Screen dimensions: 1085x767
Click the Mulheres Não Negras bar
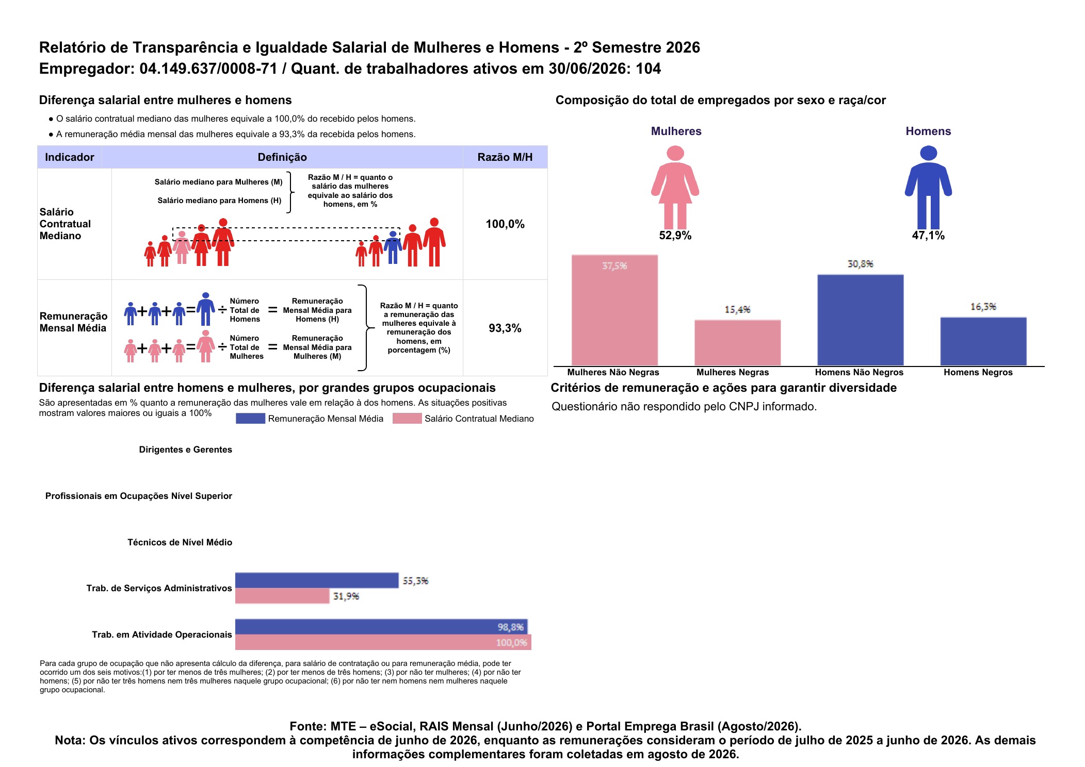pyautogui.click(x=614, y=310)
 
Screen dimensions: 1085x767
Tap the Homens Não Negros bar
pyautogui.click(x=861, y=320)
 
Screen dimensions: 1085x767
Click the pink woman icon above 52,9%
pyautogui.click(x=675, y=187)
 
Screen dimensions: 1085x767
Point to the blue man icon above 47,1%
pyautogui.click(x=928, y=187)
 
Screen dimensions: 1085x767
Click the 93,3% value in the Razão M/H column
pyautogui.click(x=505, y=328)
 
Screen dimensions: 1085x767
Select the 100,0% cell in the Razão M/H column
pyautogui.click(x=505, y=224)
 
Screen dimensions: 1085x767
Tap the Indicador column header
pyautogui.click(x=70, y=157)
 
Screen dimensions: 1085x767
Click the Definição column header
pyautogui.click(x=282, y=157)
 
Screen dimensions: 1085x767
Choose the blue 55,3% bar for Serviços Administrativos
pyautogui.click(x=317, y=580)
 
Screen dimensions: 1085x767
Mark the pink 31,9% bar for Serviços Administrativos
pyautogui.click(x=282, y=596)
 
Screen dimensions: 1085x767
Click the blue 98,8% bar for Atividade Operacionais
pyautogui.click(x=381, y=627)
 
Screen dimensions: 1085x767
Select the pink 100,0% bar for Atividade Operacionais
pyautogui.click(x=383, y=642)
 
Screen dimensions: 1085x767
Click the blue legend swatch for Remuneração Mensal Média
pyautogui.click(x=250, y=419)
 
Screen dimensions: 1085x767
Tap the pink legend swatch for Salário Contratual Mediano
pyautogui.click(x=407, y=419)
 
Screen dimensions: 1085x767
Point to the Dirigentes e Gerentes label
pyautogui.click(x=186, y=449)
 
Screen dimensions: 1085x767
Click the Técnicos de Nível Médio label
pyautogui.click(x=180, y=542)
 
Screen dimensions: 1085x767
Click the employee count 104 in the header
pyautogui.click(x=648, y=69)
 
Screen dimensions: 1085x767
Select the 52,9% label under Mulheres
pyautogui.click(x=675, y=236)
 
